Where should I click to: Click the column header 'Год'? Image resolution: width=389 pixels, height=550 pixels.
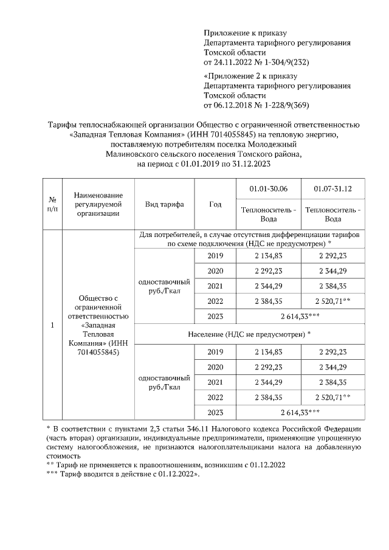pos(215,204)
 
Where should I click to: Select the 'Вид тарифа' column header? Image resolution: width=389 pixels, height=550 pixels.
pos(164,204)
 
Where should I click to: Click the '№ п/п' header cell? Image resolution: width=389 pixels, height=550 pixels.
pos(52,204)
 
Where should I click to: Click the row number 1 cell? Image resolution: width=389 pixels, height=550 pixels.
pos(52,325)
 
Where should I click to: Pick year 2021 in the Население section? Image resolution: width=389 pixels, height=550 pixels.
pos(215,382)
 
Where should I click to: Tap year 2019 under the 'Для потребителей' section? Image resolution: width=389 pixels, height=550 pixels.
pos(215,256)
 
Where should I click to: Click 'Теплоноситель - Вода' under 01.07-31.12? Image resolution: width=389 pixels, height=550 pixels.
pos(332,215)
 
